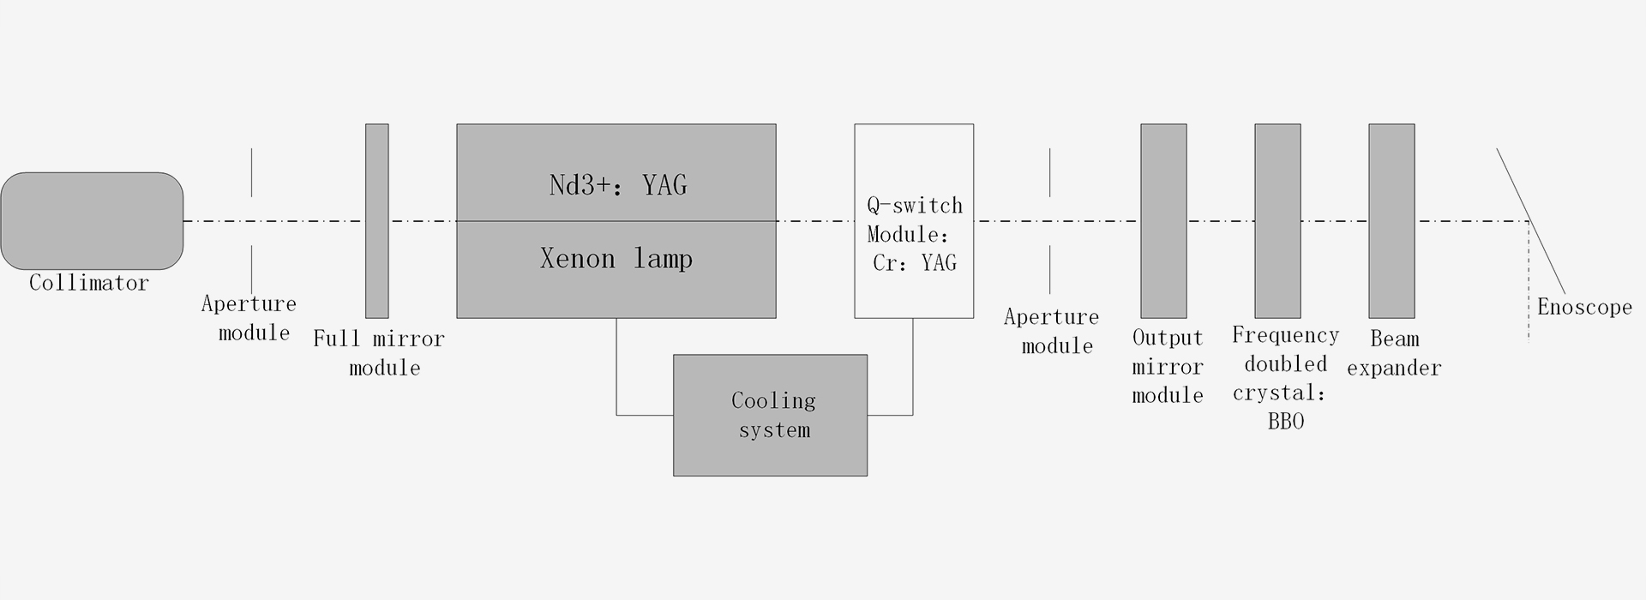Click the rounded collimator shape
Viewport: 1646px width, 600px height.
(x=92, y=221)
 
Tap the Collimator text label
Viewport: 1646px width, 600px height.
(x=89, y=283)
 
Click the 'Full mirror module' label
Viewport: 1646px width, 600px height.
(x=379, y=353)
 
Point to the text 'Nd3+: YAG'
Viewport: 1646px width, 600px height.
(x=617, y=185)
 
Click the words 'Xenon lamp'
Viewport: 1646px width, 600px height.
(x=616, y=259)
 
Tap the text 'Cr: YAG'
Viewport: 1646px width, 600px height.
(x=914, y=263)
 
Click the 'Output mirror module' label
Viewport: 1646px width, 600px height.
(x=1168, y=367)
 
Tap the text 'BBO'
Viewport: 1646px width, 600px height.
(x=1285, y=422)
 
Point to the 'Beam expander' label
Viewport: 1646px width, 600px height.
(x=1394, y=353)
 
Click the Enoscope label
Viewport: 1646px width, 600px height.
(x=1584, y=308)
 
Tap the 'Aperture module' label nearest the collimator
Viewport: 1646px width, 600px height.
(x=249, y=318)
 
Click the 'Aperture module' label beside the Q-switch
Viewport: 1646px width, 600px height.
(x=1053, y=332)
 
